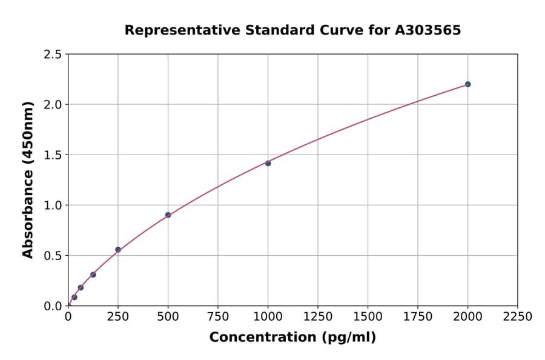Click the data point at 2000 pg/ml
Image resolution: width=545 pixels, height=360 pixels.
pos(467,84)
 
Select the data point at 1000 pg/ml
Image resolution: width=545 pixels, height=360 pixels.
pos(268,163)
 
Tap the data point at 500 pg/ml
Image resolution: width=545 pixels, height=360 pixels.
pos(168,215)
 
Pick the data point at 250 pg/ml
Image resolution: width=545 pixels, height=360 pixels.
pos(118,250)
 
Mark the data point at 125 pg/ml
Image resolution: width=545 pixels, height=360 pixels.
pos(93,275)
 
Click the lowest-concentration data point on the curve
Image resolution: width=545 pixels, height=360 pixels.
pos(74,298)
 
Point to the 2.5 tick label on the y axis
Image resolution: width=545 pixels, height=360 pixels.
pos(53,55)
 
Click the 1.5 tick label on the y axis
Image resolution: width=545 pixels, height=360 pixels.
pos(53,155)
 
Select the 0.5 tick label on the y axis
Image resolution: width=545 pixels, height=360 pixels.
pos(53,256)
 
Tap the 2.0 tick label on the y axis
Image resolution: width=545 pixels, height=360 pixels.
pos(53,105)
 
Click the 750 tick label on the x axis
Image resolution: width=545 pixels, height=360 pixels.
pos(218,317)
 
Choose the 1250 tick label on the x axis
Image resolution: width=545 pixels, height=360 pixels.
pos(318,317)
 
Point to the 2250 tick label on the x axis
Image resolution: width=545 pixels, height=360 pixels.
pos(518,317)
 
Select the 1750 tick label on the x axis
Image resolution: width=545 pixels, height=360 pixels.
pos(418,317)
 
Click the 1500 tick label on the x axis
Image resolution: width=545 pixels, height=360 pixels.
pos(368,317)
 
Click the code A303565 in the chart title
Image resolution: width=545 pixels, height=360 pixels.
pos(429,30)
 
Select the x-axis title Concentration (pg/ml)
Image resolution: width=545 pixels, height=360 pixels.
pos(292,338)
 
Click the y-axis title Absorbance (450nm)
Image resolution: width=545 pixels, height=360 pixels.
pos(28,179)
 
